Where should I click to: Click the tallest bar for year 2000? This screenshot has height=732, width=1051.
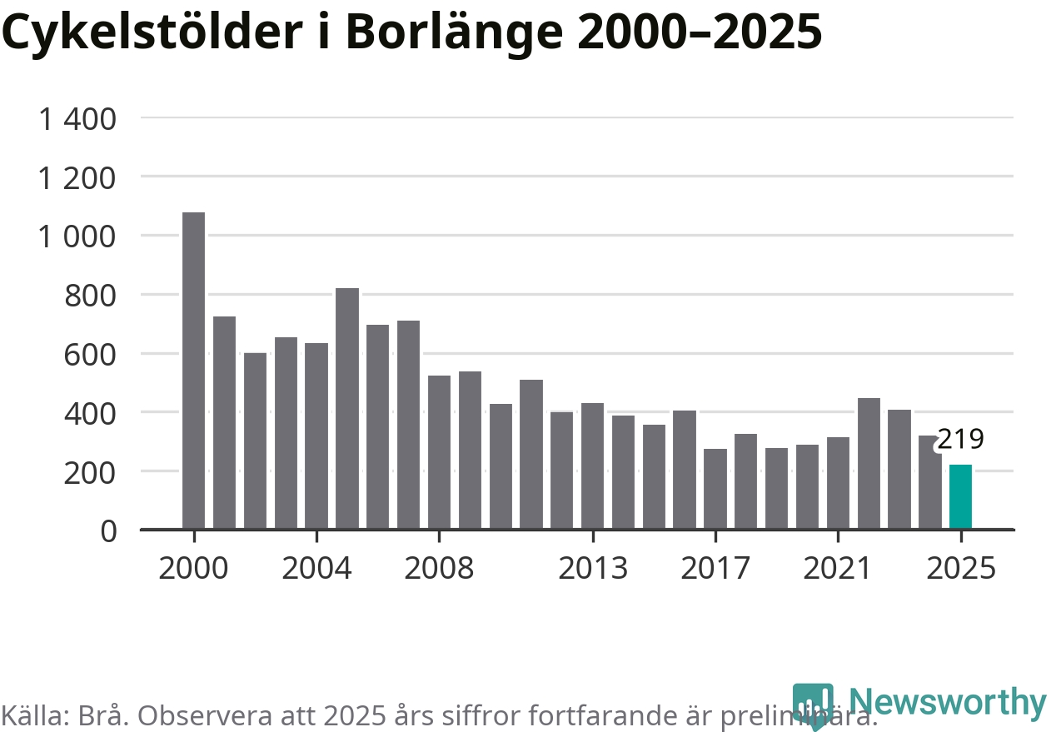[x=193, y=371]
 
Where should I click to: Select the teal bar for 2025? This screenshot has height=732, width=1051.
[x=960, y=496]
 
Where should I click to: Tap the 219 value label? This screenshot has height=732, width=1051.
[x=960, y=439]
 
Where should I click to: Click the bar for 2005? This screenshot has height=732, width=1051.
[x=347, y=408]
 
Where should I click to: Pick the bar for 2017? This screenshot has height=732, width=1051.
[x=715, y=489]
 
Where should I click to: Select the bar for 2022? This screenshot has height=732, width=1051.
[x=869, y=463]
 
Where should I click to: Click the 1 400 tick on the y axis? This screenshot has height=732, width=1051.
[x=77, y=119]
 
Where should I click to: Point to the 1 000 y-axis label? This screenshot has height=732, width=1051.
[x=77, y=237]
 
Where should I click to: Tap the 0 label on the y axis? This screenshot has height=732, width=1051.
[x=108, y=530]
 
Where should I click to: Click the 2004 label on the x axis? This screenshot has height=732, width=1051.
[x=316, y=569]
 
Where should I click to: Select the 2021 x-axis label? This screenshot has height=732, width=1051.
[x=838, y=569]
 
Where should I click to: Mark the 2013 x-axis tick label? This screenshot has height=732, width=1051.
[x=592, y=569]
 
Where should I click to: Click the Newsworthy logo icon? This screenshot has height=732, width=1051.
[x=813, y=705]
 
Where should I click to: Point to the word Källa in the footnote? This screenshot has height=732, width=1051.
[x=32, y=715]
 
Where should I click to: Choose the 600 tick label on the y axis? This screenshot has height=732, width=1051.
[x=90, y=354]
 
